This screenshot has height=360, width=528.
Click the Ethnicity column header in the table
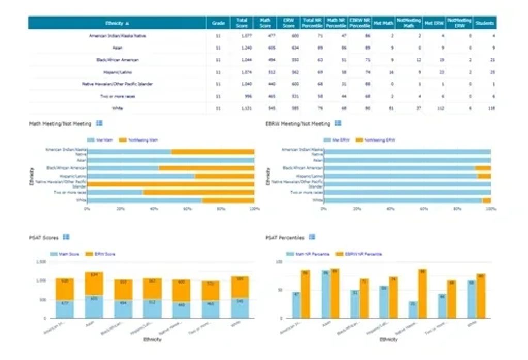117,23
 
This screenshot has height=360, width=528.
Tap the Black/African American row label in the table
117,60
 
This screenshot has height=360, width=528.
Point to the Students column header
485,23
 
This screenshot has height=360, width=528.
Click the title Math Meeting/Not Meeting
60,124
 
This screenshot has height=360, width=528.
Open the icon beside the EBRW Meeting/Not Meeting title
339,123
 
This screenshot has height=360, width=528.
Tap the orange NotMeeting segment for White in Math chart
228,200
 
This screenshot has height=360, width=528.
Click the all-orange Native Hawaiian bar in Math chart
170,184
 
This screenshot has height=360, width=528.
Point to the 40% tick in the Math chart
154,209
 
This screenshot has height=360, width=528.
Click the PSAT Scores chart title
44,238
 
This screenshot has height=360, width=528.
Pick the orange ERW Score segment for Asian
94,283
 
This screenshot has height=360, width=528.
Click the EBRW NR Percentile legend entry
362,254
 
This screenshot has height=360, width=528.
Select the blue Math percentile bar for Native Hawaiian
413,309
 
